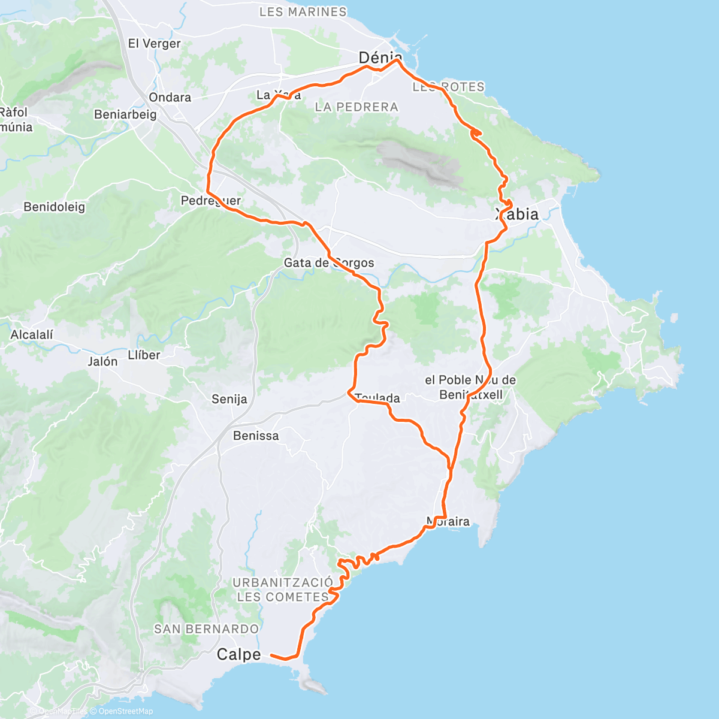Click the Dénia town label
point(380,58)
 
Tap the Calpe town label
point(238,654)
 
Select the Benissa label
point(256,436)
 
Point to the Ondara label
point(170,97)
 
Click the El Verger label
point(154,43)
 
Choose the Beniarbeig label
point(125,114)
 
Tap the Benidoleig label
point(55,207)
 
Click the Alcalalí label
point(32,334)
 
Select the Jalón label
point(102,361)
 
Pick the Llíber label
point(144,355)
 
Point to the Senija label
point(229,399)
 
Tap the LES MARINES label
point(303,11)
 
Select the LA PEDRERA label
point(356,107)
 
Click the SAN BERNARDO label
point(206,629)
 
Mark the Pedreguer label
point(211,201)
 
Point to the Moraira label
point(448,521)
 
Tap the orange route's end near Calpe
point(272,655)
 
